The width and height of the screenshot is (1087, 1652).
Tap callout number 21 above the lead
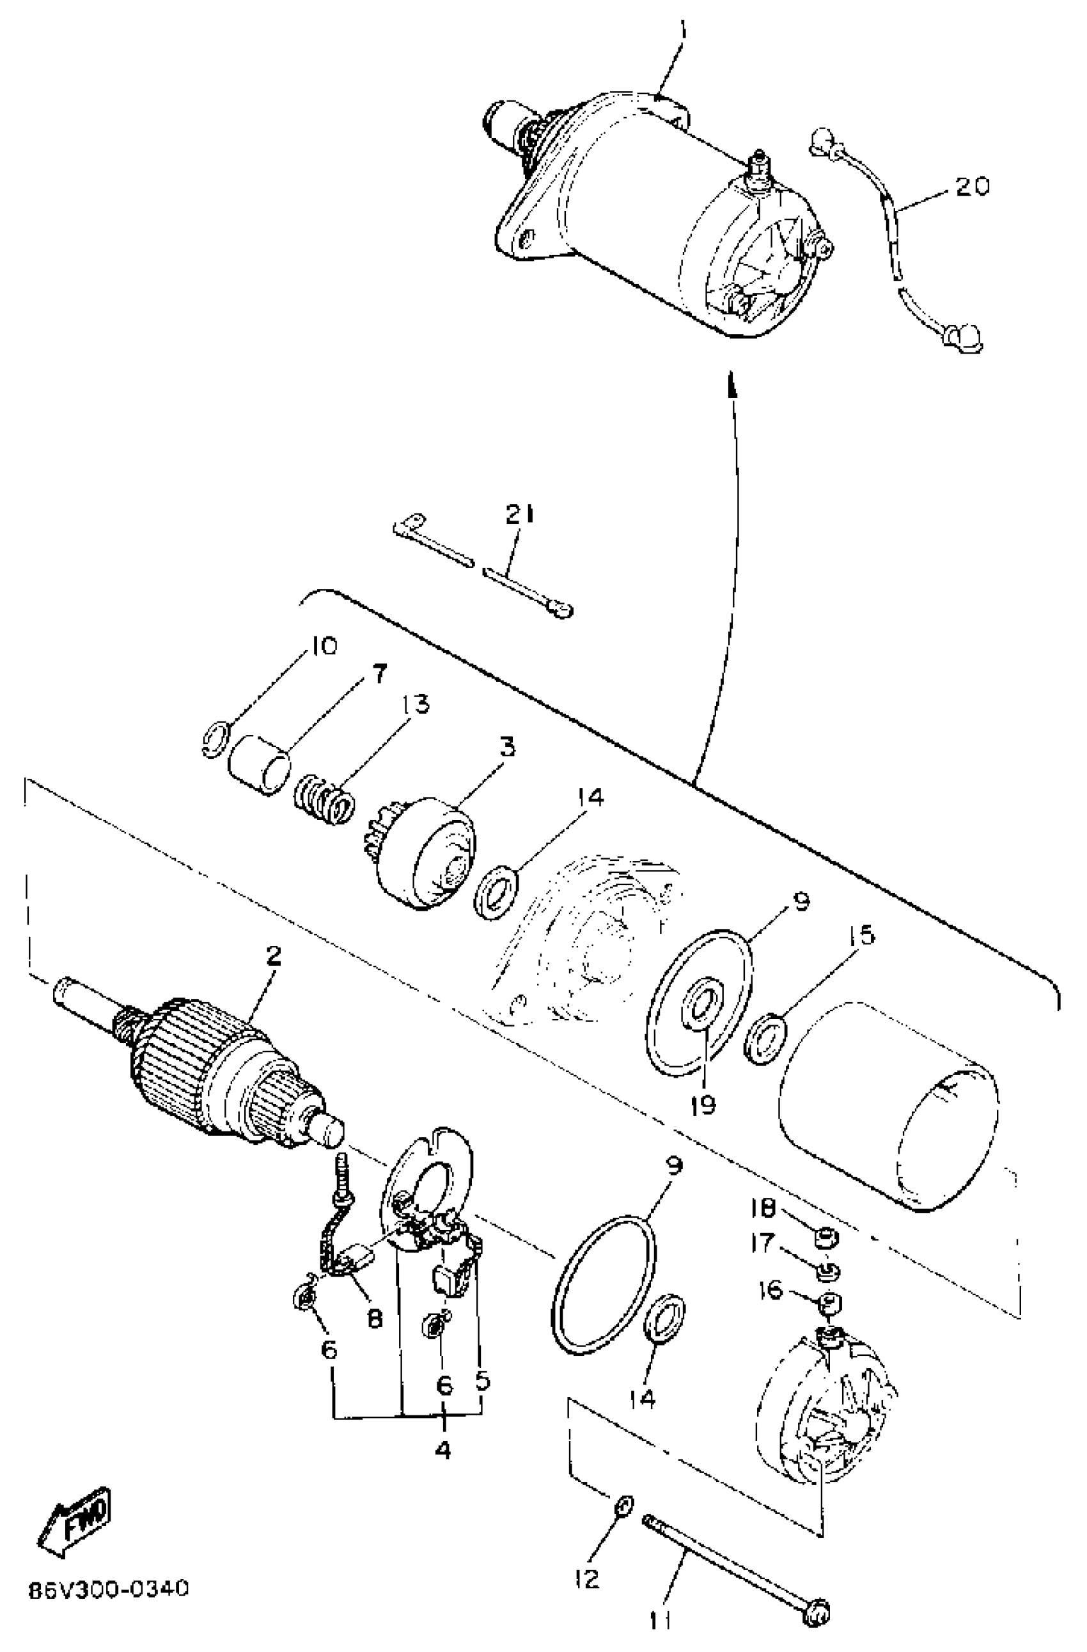pyautogui.click(x=520, y=514)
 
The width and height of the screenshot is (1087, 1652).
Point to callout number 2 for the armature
pyautogui.click(x=274, y=957)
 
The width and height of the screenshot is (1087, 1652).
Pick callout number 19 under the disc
pyautogui.click(x=703, y=1105)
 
